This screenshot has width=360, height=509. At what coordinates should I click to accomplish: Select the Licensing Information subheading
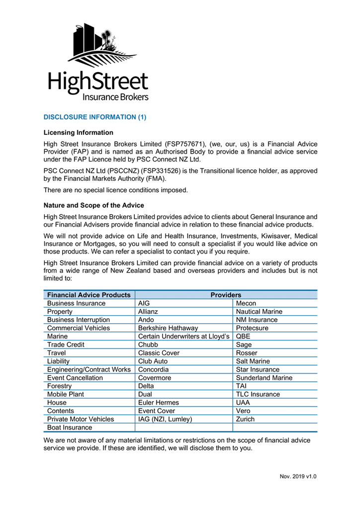78,133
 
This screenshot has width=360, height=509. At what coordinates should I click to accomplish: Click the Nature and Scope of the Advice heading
94,205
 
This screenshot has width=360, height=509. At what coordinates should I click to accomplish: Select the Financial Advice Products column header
89,295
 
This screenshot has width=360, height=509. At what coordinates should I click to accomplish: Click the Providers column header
226,295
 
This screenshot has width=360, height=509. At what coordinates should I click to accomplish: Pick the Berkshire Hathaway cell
168,328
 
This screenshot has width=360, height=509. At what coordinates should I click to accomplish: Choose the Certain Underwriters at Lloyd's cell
183,337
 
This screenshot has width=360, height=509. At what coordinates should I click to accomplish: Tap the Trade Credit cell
66,344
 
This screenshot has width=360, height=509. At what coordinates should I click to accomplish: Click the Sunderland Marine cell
264,378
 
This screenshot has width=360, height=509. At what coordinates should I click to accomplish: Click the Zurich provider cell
245,419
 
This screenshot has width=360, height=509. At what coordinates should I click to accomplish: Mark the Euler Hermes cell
158,403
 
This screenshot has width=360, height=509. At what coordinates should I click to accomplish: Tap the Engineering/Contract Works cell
89,369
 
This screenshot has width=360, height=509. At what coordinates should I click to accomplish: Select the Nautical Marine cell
259,312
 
